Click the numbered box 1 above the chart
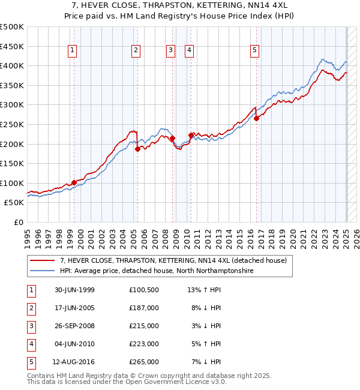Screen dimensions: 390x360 (72, 50)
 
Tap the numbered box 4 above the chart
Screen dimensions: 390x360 (189, 50)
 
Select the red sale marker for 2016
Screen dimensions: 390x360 (256, 118)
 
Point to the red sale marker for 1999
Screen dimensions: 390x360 (74, 182)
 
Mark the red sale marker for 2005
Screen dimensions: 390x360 (137, 149)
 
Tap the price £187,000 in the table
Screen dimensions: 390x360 (143, 308)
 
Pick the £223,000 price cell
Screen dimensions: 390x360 (143, 344)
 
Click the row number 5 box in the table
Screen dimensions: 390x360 (30, 362)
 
